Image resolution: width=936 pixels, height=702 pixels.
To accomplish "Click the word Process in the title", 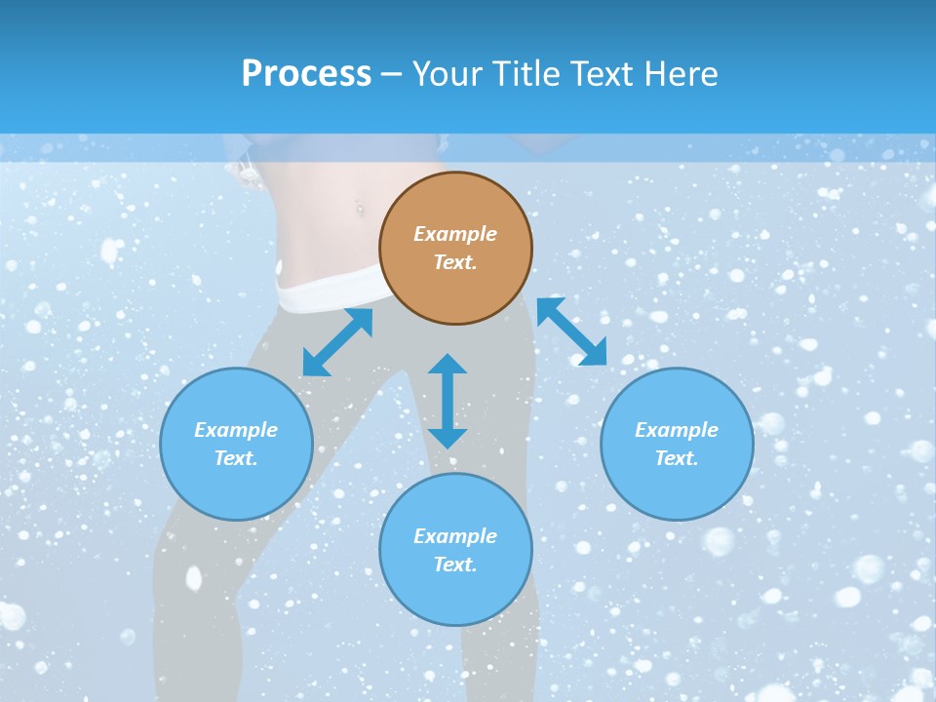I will tap(306, 74).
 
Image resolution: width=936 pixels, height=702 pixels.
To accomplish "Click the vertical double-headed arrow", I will tap(448, 401).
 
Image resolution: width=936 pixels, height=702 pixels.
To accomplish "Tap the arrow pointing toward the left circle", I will tap(337, 342).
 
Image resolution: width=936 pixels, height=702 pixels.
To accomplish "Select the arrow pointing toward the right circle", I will tap(571, 331).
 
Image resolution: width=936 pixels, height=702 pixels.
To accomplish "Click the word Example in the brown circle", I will tap(455, 234).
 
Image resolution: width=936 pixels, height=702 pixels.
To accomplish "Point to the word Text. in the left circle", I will tap(236, 458).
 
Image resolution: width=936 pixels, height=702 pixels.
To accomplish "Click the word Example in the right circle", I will tap(677, 430).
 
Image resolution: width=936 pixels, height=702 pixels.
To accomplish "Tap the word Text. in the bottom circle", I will tap(455, 565).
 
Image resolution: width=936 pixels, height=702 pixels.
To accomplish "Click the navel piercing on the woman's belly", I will tap(360, 207).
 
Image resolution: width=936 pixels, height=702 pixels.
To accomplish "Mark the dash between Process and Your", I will tap(392, 74).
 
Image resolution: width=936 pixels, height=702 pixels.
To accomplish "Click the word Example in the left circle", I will tap(236, 430).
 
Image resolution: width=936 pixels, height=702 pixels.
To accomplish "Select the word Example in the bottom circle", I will tap(455, 536).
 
